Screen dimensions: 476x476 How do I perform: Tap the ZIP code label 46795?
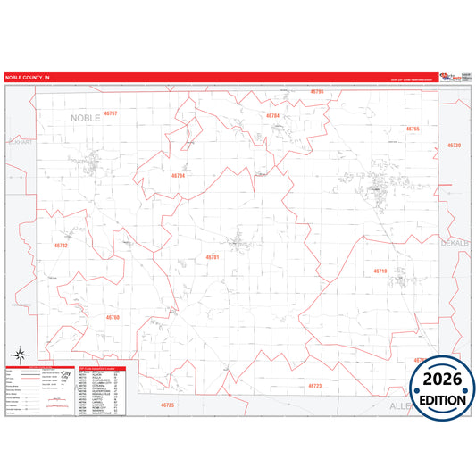317,92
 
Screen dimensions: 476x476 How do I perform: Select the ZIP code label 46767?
110,113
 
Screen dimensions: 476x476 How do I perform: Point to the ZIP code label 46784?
272,116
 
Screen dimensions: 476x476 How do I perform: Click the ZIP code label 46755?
412,129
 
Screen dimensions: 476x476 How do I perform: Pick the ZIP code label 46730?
454,145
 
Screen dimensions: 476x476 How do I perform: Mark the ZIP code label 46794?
178,176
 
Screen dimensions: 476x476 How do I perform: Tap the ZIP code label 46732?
61,245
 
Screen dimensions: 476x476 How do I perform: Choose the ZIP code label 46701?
213,257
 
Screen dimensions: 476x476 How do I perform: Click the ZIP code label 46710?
380,271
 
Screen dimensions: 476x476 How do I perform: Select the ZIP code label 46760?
113,317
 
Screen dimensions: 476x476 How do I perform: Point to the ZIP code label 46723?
314,386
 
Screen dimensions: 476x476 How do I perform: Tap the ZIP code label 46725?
168,405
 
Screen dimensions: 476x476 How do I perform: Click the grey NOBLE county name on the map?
87,117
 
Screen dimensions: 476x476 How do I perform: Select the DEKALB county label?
454,242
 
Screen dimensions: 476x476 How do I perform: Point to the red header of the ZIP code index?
107,367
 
